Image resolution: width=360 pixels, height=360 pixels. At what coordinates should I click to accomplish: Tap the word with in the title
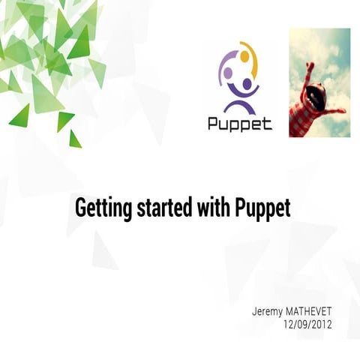coord(199,208)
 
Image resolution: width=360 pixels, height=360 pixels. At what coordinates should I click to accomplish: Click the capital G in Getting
coord(81,208)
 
